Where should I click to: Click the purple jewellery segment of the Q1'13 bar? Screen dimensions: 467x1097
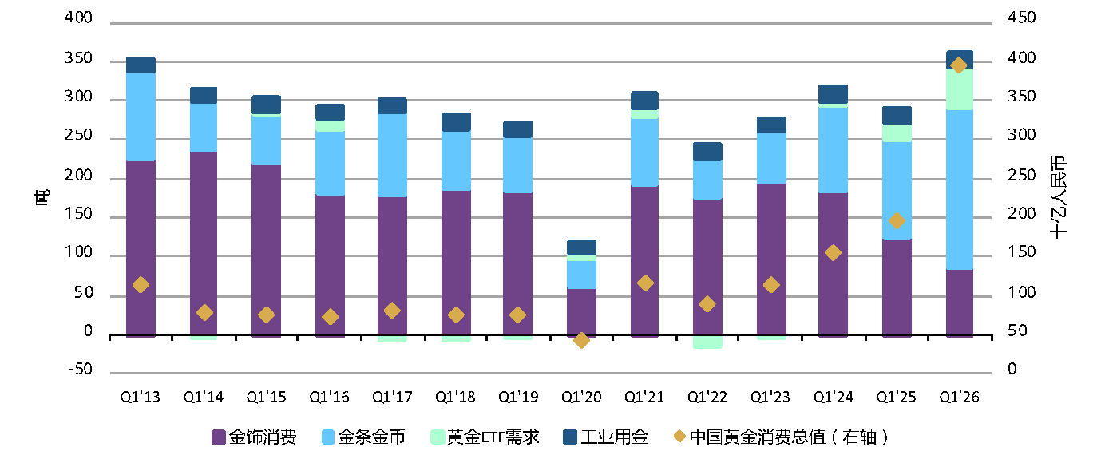tap(141, 232)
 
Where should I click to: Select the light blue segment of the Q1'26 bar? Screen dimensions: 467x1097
tap(959, 189)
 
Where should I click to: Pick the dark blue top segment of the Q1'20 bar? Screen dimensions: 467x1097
tap(581, 247)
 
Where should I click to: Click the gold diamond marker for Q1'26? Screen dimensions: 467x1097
tap(959, 65)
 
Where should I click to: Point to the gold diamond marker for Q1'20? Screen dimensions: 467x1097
tap(581, 340)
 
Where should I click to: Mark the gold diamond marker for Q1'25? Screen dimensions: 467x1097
tap(897, 221)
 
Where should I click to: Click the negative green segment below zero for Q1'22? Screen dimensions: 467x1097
tap(707, 342)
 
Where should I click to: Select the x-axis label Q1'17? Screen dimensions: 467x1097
tap(392, 397)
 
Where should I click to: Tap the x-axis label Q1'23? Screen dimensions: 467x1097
tap(770, 397)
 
